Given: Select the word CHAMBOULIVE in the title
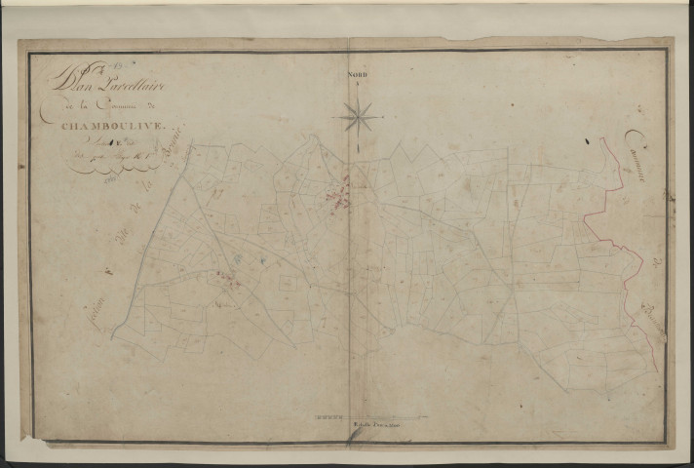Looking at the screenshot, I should pyautogui.click(x=103, y=125).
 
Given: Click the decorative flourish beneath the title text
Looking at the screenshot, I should pyautogui.click(x=102, y=169).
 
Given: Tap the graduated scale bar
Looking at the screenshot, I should pyautogui.click(x=369, y=417).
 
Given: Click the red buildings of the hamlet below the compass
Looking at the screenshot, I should pyautogui.click(x=340, y=196).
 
